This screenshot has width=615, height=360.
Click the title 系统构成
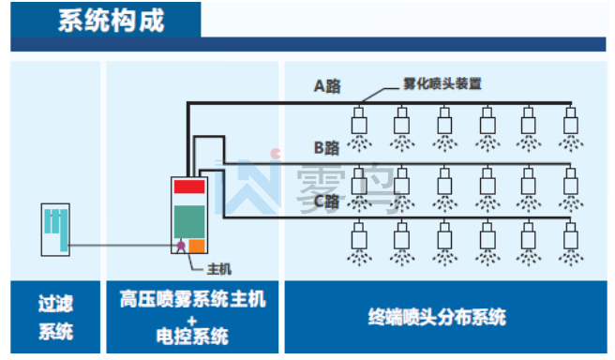112,21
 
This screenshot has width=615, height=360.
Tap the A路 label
327,86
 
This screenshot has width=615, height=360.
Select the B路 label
326,148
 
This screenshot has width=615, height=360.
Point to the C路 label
326,202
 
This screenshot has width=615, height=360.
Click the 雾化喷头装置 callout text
442,83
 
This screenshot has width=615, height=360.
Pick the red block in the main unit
189,187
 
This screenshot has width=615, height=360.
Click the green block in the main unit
189,221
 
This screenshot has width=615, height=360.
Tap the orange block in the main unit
197,246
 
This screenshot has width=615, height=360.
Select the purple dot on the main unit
181,246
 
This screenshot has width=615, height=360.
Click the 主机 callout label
219,269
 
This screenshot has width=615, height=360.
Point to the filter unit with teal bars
55,230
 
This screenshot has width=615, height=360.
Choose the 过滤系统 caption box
55,317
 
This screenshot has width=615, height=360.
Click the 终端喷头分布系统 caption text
437,317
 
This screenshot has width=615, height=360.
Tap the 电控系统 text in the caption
192,337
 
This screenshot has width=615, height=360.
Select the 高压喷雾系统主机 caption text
192,300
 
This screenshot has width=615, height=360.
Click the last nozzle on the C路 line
571,244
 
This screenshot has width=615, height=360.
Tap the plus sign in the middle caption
192,322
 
